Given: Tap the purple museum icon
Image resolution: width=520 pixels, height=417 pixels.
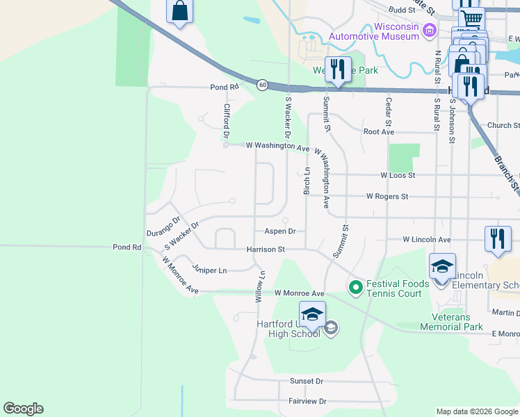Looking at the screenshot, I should point(430,29).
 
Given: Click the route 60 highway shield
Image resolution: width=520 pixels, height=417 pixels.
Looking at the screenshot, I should point(261,85).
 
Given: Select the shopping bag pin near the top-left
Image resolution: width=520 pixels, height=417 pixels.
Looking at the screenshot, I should point(179,12).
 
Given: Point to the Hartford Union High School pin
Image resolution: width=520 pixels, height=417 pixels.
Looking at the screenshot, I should point(313,316).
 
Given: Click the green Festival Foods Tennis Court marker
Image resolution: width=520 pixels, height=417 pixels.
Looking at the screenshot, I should point(355,286).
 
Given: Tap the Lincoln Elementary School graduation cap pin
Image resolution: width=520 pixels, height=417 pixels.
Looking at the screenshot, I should point(442,268).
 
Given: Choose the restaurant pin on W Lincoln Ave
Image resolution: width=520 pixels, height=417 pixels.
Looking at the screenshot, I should point(496,239).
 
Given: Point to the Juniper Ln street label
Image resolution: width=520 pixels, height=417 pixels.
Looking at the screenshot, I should point(210,270).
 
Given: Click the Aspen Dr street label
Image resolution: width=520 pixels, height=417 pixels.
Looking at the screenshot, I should point(280,231).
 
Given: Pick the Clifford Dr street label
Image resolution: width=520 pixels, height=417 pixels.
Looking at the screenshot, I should point(226,120).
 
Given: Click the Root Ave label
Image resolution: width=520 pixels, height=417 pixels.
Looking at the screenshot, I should point(379,131).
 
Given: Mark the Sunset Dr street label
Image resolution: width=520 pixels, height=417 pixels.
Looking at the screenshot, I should point(307,381).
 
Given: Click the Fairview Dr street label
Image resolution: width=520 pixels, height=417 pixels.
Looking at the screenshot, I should point(307,401).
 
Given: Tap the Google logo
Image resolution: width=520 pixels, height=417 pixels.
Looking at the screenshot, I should point(23,409).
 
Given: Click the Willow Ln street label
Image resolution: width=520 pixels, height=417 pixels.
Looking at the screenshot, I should point(259,286).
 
